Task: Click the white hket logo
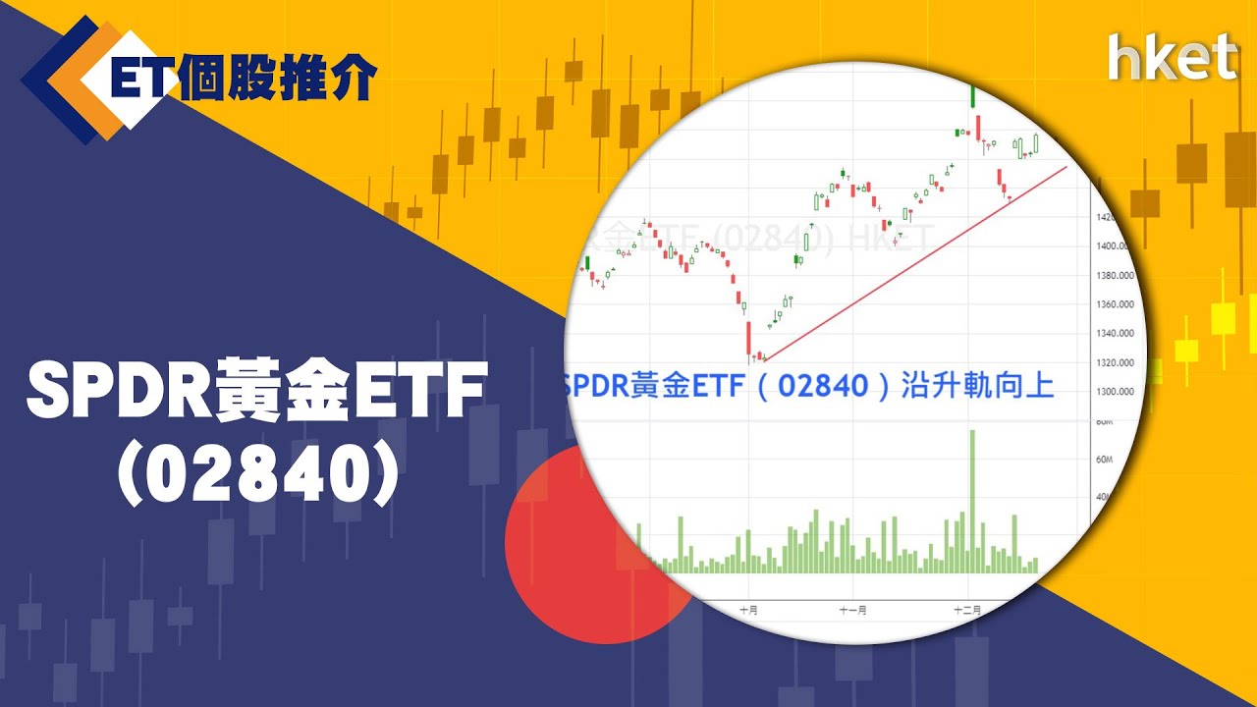tap(1172, 57)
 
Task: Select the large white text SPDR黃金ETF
tap(257, 392)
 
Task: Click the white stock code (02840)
tap(258, 474)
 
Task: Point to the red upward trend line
tap(913, 263)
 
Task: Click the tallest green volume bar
tap(972, 501)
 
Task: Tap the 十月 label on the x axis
tap(749, 610)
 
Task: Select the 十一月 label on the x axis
tap(852, 610)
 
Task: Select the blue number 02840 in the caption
tap(823, 385)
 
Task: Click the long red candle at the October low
tap(748, 338)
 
